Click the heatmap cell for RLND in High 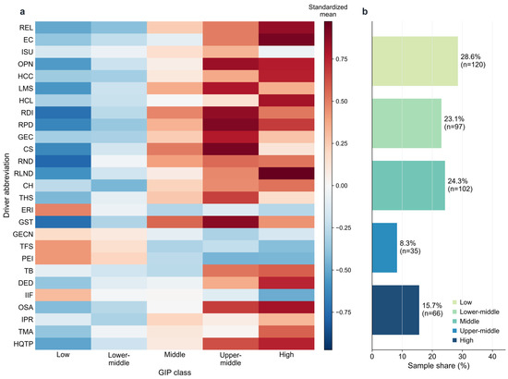286,174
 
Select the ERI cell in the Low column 63,210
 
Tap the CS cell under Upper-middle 231,149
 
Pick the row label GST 26,222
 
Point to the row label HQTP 23,344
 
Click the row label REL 26,28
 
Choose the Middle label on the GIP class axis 175,355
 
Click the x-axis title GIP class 175,373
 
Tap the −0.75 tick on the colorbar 342,312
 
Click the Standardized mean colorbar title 328,11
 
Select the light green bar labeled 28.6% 415,61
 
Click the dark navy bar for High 395,310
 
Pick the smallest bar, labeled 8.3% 384,248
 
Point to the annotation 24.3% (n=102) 460,185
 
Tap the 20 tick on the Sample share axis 432,357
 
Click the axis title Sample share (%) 439,366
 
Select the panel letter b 365,12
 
